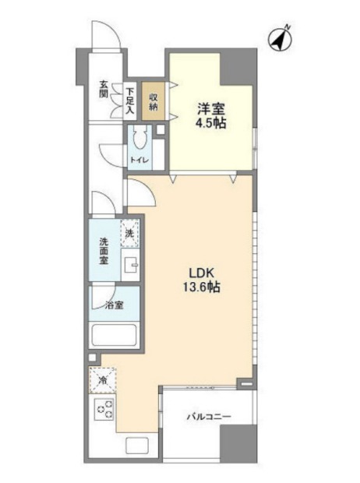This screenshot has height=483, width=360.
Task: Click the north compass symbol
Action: coord(281,40)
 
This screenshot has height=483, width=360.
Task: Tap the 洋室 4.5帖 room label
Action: coord(211,116)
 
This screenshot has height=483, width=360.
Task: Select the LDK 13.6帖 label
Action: coord(202,280)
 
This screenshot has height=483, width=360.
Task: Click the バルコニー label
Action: coord(209,417)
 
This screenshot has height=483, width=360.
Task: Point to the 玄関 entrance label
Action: coord(104,89)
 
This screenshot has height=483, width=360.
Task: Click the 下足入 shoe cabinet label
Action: coord(130,100)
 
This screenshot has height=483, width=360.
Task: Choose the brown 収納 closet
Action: coord(154,101)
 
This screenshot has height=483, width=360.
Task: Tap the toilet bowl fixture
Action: coord(140,139)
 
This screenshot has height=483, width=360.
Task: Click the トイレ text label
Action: coord(139,160)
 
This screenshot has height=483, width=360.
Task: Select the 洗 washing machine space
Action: coord(129,233)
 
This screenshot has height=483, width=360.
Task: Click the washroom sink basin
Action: coord(131,265)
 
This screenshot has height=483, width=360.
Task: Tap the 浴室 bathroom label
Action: coord(115,305)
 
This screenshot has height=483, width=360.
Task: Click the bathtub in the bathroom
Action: coord(114,335)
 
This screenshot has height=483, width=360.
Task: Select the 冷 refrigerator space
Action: coord(103,380)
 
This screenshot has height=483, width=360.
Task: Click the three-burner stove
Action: coord(104,408)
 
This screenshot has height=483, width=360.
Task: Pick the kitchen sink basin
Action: coord(137,446)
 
